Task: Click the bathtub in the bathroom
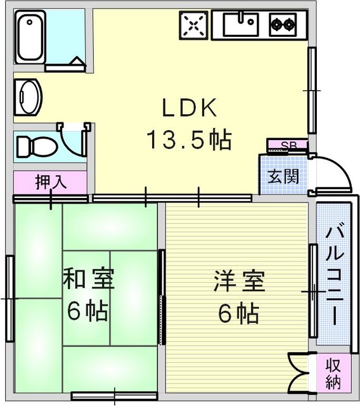30,37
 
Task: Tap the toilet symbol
37,147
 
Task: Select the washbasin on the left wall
28,97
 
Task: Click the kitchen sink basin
240,24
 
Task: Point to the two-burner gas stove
283,25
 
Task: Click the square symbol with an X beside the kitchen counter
194,25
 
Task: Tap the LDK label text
190,107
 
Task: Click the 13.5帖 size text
190,140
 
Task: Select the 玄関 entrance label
284,176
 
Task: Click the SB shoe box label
288,145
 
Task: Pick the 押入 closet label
51,182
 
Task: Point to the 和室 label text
89,279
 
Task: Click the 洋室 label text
239,281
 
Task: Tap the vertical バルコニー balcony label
335,276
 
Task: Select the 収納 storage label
333,374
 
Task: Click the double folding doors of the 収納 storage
298,372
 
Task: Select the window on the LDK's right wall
312,90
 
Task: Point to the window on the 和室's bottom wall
114,396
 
